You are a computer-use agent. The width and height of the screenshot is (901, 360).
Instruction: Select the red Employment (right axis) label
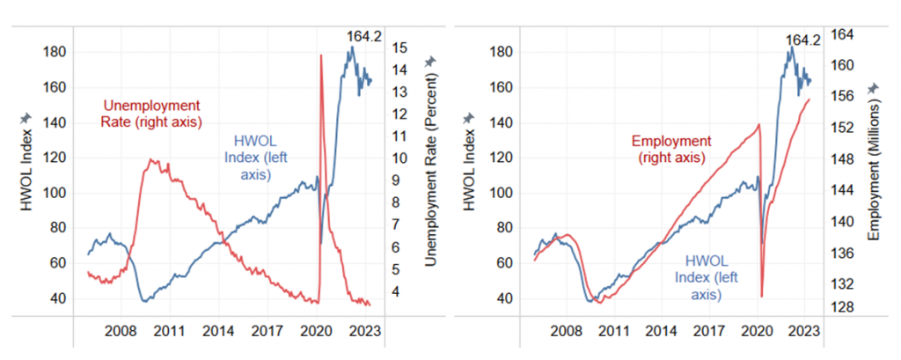[670, 149]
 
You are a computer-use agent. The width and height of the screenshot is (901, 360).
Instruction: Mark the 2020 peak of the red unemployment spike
[320, 55]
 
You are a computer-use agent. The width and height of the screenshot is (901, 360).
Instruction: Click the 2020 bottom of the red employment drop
[762, 297]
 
